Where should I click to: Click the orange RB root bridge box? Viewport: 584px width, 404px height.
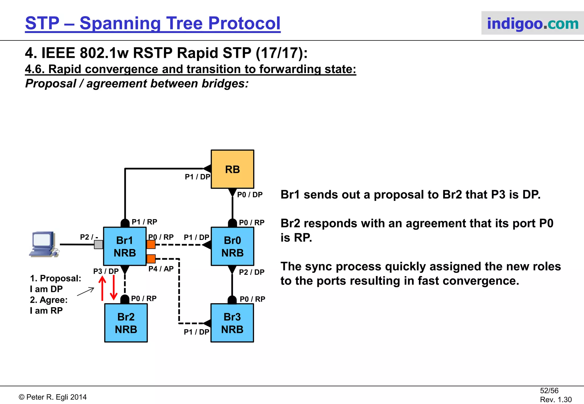point(232,169)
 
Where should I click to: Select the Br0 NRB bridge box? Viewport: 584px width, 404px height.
point(232,246)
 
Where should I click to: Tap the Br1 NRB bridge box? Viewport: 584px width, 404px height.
point(125,246)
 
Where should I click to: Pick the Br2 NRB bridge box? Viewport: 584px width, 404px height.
point(126,323)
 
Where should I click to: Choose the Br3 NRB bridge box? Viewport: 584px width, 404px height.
point(232,323)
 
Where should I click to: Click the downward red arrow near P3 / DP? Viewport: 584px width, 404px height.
point(114,288)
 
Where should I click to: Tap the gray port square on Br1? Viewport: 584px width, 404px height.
point(98,244)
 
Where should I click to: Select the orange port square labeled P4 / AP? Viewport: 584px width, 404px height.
point(151,259)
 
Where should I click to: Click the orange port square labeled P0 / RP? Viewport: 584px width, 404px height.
point(151,244)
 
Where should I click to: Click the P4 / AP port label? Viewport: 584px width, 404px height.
point(161,269)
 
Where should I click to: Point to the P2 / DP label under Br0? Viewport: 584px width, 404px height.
point(252,272)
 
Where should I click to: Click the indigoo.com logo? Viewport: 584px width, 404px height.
point(532,23)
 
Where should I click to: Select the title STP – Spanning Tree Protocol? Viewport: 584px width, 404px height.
point(153,23)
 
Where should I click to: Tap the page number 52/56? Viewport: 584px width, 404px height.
point(549,391)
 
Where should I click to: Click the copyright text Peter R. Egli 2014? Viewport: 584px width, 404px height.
point(53,397)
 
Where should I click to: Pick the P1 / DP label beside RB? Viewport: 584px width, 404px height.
point(197,177)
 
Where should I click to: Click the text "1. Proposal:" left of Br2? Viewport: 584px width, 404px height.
point(56,278)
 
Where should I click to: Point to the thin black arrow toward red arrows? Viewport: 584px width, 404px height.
point(86,292)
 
